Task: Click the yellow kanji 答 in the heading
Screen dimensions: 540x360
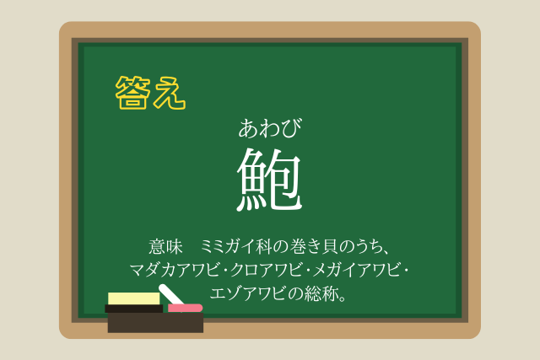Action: (x=133, y=93)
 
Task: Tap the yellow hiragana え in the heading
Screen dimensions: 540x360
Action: (x=170, y=93)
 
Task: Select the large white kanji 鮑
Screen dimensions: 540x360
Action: (x=269, y=180)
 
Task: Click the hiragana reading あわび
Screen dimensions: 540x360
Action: (x=270, y=128)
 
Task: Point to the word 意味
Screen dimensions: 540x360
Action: (x=165, y=247)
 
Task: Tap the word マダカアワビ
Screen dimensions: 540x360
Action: (x=175, y=270)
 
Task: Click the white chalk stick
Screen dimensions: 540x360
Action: (x=170, y=294)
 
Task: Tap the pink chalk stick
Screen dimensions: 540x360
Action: (x=185, y=308)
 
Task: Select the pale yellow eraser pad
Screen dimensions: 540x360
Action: (x=134, y=298)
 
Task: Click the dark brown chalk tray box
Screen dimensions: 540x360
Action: (x=155, y=323)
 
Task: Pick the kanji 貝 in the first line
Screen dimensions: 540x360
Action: (x=330, y=247)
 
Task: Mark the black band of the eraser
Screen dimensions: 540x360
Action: (x=133, y=309)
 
